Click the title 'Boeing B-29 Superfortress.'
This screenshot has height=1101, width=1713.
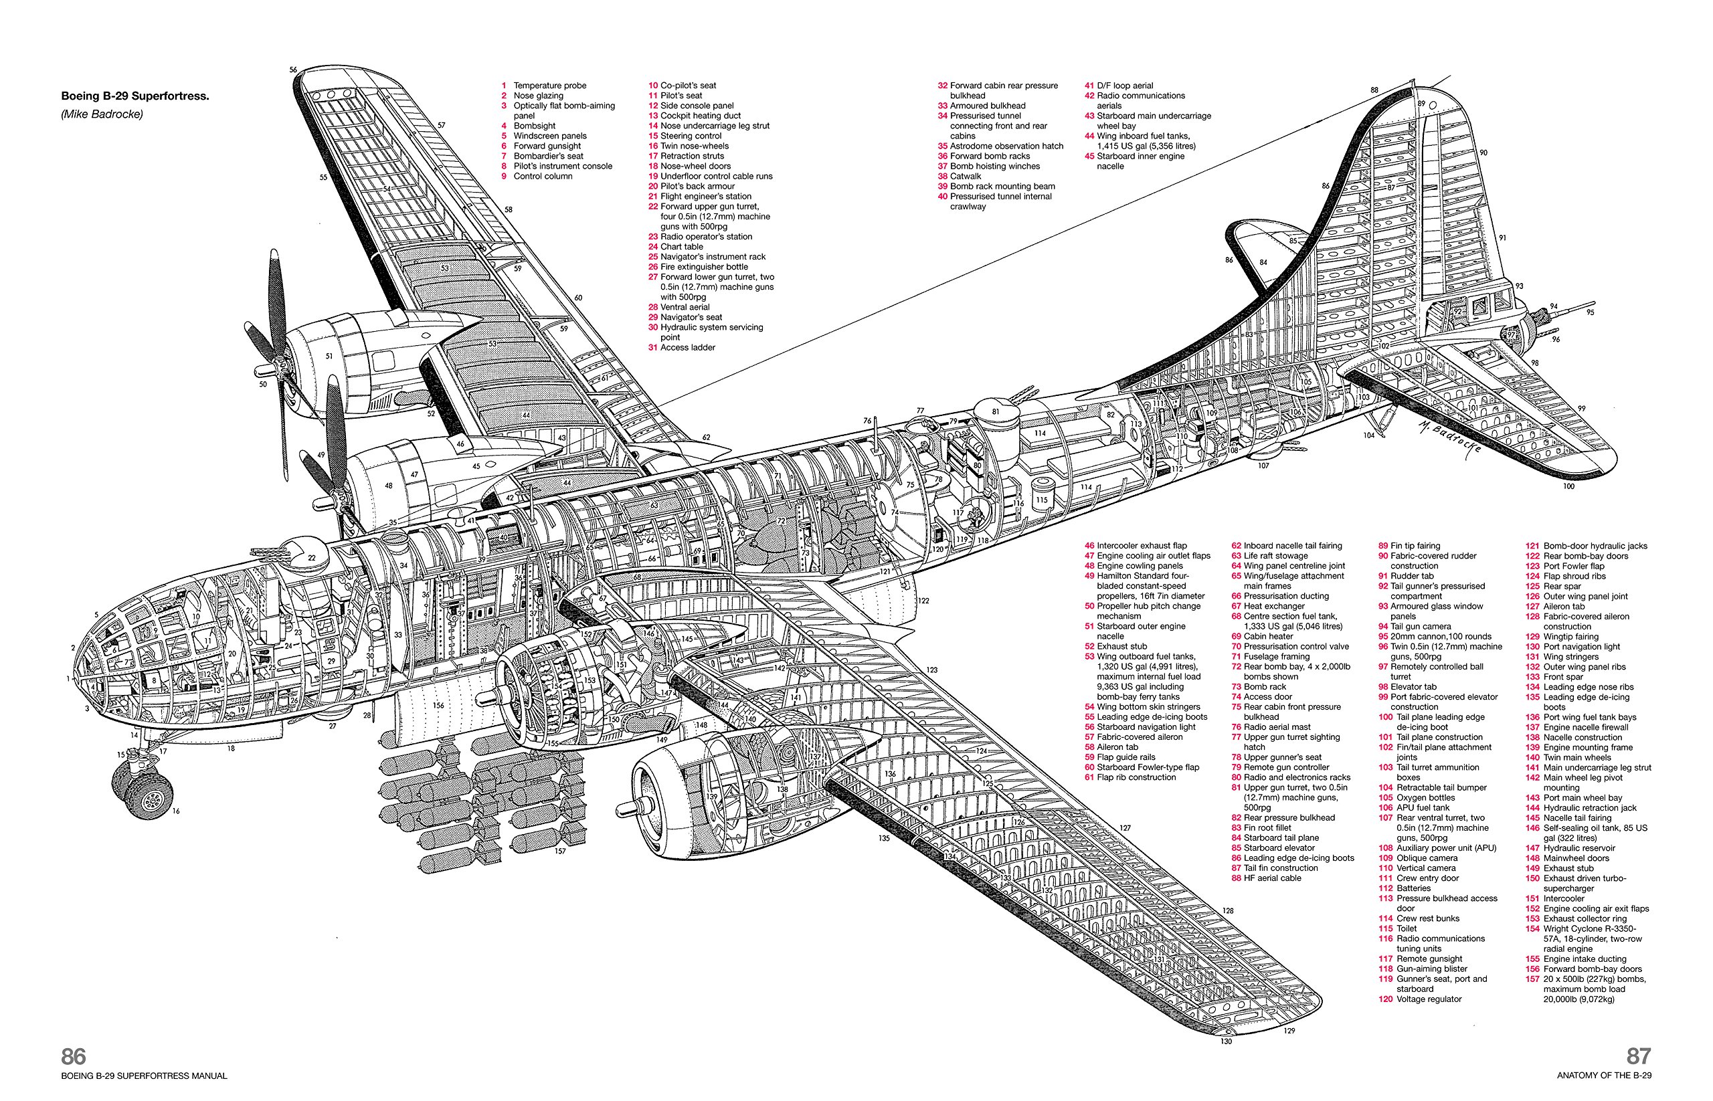134,96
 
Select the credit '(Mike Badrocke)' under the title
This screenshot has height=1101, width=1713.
102,114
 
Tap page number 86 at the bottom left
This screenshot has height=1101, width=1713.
73,1057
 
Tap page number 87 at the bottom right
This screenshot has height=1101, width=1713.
1639,1057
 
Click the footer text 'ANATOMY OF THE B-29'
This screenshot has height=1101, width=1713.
1605,1076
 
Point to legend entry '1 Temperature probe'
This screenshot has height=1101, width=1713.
543,86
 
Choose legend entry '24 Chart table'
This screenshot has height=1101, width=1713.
676,247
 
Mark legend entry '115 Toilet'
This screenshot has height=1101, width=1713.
1399,928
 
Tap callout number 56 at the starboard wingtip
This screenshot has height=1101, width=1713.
293,70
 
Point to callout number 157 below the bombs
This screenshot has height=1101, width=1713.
560,851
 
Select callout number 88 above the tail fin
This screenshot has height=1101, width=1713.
1374,90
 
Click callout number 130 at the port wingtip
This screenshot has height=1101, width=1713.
1226,1041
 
